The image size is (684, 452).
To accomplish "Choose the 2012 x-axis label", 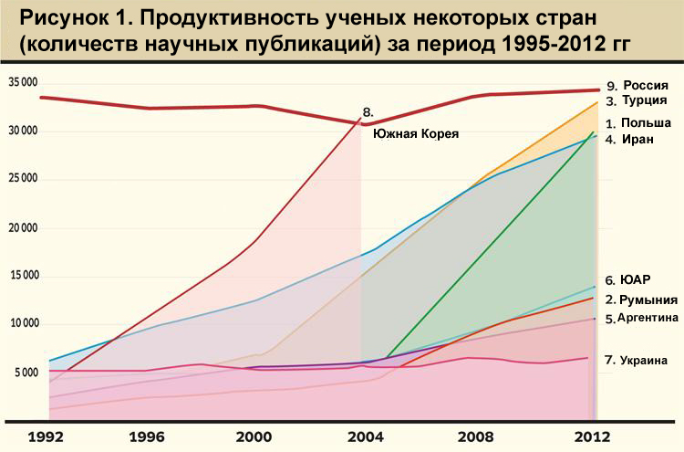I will (x=592, y=436).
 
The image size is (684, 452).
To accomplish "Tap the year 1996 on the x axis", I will (x=151, y=436).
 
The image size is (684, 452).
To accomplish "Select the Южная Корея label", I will (x=415, y=133).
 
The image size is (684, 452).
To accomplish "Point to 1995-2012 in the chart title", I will (x=546, y=46).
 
